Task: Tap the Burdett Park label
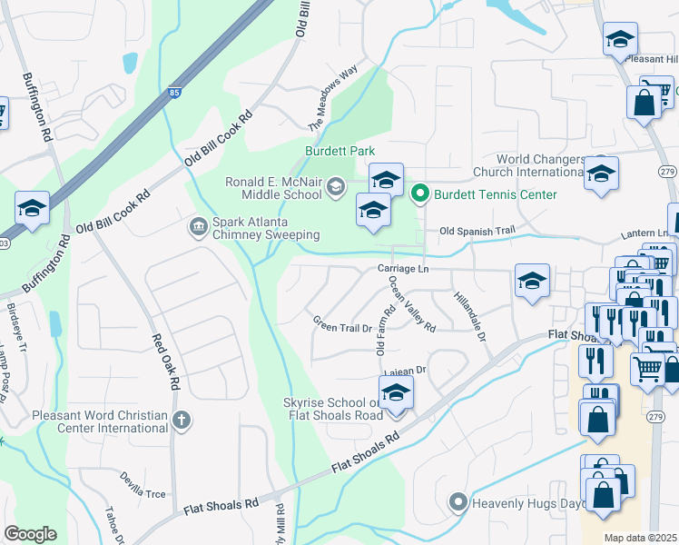coord(339,150)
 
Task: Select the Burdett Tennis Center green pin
coord(419,193)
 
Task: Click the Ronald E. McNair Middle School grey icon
coord(335,187)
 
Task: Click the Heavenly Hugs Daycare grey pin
coord(458,501)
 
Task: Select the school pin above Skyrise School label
coord(395,393)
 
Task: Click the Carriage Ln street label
coord(403,269)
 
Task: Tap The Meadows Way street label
coord(333,101)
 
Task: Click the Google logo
coord(30,533)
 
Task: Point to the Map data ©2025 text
coord(641,538)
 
